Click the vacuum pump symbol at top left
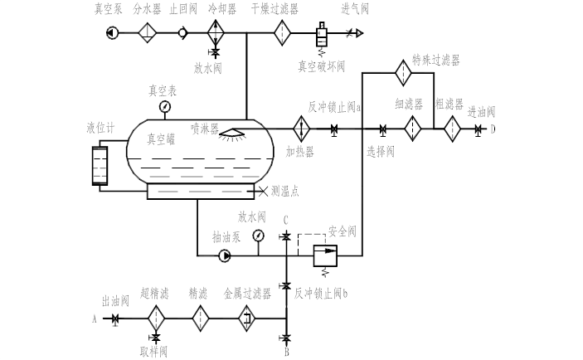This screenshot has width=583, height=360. click(112, 33)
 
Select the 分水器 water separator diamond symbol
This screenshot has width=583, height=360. click(147, 33)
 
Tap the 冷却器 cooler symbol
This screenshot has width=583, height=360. click(216, 33)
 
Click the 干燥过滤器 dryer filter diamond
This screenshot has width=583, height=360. click(282, 33)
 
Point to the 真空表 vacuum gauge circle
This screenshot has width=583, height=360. click(165, 106)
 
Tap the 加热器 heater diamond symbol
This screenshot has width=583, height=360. click(299, 129)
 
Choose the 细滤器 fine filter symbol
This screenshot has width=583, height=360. click(412, 129)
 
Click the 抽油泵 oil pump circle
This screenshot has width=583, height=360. click(225, 255)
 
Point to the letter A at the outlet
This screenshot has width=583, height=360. click(94, 318)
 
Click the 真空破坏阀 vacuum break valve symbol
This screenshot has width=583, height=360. click(319, 36)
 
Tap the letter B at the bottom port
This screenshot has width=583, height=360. click(286, 352)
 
